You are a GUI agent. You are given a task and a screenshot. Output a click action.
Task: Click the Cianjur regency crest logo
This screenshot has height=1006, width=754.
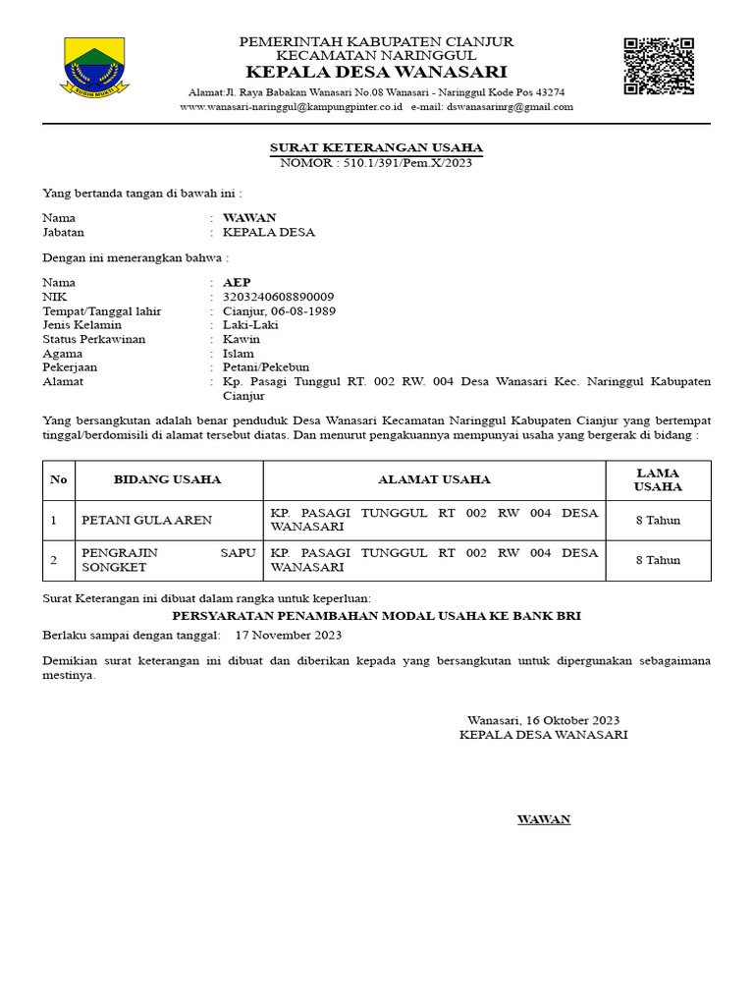pos(94,66)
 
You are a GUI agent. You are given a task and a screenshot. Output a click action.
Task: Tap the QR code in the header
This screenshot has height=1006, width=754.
pos(659,66)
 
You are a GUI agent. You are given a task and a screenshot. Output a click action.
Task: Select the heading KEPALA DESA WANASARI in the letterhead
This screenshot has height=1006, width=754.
pos(376,73)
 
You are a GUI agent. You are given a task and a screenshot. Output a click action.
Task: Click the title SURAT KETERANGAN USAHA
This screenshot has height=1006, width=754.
pos(376,147)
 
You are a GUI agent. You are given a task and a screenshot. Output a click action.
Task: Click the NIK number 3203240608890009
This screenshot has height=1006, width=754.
pos(279,297)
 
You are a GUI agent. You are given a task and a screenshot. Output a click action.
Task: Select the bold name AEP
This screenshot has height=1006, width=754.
pos(237,283)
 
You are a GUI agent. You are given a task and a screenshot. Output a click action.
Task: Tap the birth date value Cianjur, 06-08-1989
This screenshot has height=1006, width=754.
pos(279,310)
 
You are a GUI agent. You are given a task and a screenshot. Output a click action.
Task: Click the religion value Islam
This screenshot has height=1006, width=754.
pos(239,353)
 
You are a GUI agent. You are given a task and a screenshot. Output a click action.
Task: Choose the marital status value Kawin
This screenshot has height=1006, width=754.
pos(242,339)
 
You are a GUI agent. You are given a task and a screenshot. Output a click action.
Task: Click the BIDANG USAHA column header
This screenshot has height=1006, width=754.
pos(168,479)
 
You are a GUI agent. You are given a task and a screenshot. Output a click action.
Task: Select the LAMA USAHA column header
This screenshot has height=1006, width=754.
pos(658,479)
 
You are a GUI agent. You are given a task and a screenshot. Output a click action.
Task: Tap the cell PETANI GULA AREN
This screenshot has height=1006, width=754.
pos(146,520)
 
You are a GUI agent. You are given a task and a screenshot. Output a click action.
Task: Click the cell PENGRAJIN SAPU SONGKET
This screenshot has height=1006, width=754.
pos(168,560)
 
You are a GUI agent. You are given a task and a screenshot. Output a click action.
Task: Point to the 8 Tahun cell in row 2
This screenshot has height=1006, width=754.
pos(658,560)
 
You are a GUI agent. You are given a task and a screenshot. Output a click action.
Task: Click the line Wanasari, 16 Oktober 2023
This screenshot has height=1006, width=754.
pos(543,720)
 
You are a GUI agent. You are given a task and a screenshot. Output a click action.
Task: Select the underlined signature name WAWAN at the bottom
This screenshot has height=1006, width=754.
pos(544,819)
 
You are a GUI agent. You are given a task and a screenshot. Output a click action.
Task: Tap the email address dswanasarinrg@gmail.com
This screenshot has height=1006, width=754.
pos(510,107)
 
